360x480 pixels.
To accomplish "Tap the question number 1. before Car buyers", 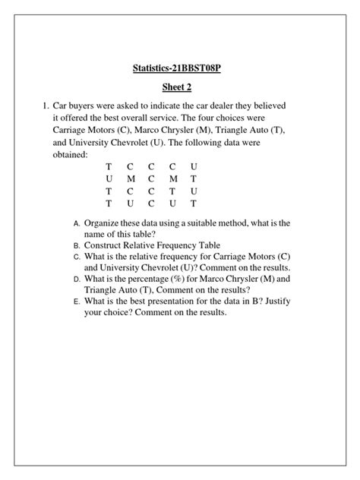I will click(46, 106).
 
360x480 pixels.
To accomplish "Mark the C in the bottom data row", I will click(151, 204).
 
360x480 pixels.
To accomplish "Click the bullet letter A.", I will click(77, 224).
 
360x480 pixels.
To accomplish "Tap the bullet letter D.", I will click(77, 279).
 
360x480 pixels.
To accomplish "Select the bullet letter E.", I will click(77, 302).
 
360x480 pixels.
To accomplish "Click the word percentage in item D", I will click(163, 279).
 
